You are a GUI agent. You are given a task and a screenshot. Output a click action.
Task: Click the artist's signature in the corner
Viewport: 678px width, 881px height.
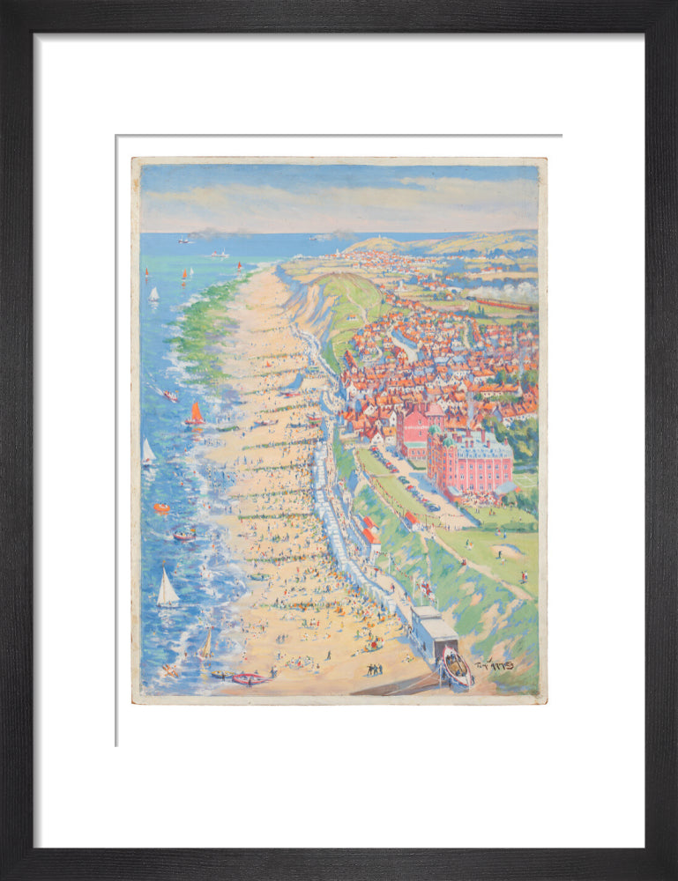[495, 665]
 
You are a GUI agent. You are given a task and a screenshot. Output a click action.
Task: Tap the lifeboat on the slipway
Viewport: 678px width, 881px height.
[456, 667]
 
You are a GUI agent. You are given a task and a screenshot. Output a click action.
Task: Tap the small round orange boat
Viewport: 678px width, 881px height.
[161, 508]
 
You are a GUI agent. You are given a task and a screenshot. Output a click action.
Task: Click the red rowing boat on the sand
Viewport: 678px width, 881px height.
[249, 678]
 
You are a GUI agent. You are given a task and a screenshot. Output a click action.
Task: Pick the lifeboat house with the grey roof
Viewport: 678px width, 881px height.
[434, 631]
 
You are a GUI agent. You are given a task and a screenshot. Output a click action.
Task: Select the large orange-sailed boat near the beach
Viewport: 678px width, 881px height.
[195, 414]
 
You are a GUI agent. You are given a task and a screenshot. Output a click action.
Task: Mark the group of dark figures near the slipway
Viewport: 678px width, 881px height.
[374, 670]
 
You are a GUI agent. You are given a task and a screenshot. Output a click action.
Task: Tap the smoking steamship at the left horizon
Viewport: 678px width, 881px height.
[183, 239]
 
